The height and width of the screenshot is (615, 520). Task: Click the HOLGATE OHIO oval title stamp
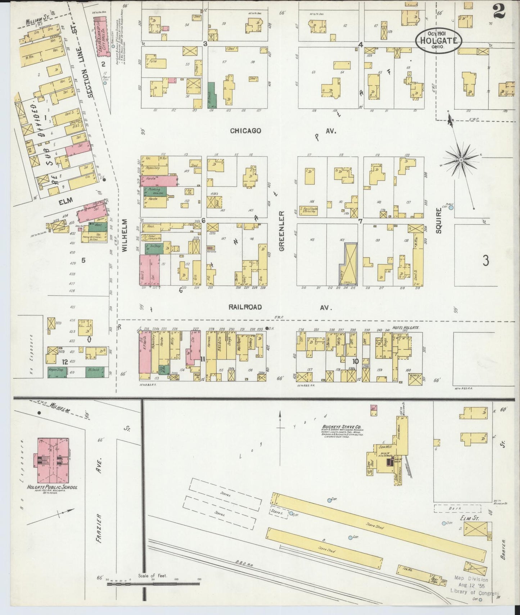click(x=438, y=40)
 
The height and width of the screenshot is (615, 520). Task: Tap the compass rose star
click(x=461, y=159)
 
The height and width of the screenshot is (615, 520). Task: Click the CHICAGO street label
click(x=245, y=131)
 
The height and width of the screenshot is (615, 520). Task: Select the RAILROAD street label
click(x=245, y=307)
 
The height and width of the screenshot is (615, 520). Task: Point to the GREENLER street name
click(x=282, y=231)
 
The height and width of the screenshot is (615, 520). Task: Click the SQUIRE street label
click(x=438, y=220)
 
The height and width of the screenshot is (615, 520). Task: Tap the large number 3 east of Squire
click(x=485, y=260)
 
